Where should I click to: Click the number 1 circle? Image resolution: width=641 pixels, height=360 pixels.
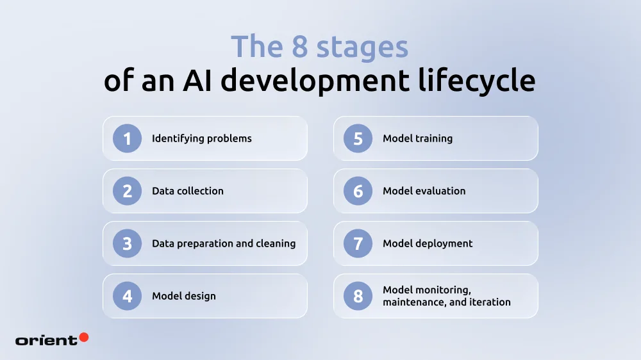click(x=127, y=138)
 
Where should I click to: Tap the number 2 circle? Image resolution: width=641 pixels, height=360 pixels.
click(x=127, y=191)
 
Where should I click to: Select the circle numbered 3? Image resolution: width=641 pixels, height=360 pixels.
click(x=127, y=243)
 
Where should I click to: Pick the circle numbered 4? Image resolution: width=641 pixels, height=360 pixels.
click(x=127, y=296)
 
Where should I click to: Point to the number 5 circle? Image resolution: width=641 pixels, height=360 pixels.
click(x=358, y=138)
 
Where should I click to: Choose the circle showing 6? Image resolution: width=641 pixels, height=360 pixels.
click(x=358, y=191)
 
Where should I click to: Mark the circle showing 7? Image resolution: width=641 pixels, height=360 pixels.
click(x=358, y=243)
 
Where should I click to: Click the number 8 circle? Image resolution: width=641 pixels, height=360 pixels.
click(x=358, y=296)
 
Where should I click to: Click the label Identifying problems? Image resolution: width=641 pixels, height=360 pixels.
click(x=201, y=138)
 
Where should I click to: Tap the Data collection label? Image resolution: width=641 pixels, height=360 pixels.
click(x=187, y=191)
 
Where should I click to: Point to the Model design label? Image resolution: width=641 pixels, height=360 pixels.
click(x=183, y=296)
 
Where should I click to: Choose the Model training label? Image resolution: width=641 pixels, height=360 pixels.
click(x=417, y=138)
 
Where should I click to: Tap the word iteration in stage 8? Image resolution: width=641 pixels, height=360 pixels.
click(x=490, y=302)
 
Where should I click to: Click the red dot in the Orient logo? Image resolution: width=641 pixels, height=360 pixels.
click(x=83, y=337)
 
